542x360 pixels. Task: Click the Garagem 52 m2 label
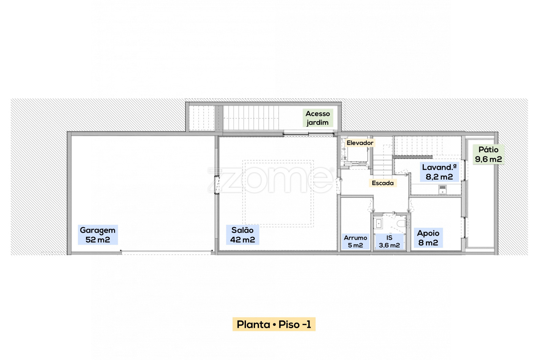(98, 235)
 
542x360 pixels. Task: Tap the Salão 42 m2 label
(243, 235)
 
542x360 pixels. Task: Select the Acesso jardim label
(318, 118)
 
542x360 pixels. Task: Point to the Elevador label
(360, 143)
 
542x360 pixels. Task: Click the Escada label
(382, 183)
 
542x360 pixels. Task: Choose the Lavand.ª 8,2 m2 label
(439, 172)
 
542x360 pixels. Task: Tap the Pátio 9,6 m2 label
(488, 154)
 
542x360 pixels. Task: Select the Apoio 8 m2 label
(428, 238)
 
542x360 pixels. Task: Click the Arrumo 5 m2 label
(355, 241)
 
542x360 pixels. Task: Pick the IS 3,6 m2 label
(389, 241)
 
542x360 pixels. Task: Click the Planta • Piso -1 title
(274, 324)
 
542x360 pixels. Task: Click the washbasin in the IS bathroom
(378, 223)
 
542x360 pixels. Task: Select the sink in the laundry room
(442, 189)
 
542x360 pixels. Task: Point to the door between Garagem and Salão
(217, 185)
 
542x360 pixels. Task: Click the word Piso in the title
(289, 324)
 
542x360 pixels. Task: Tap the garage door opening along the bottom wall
(166, 252)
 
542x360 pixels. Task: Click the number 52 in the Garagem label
(91, 240)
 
